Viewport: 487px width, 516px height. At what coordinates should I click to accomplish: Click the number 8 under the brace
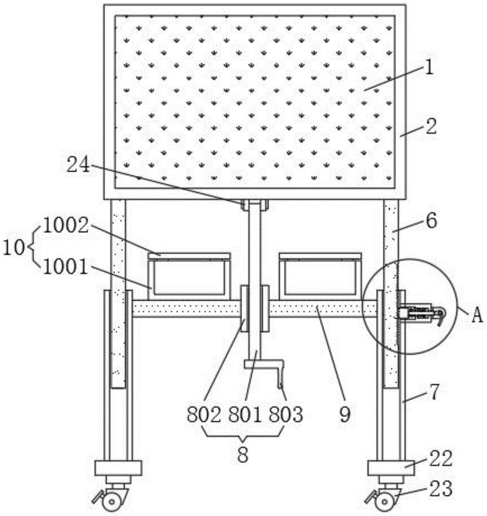243,455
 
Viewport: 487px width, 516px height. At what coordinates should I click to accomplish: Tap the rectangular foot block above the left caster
118,469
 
